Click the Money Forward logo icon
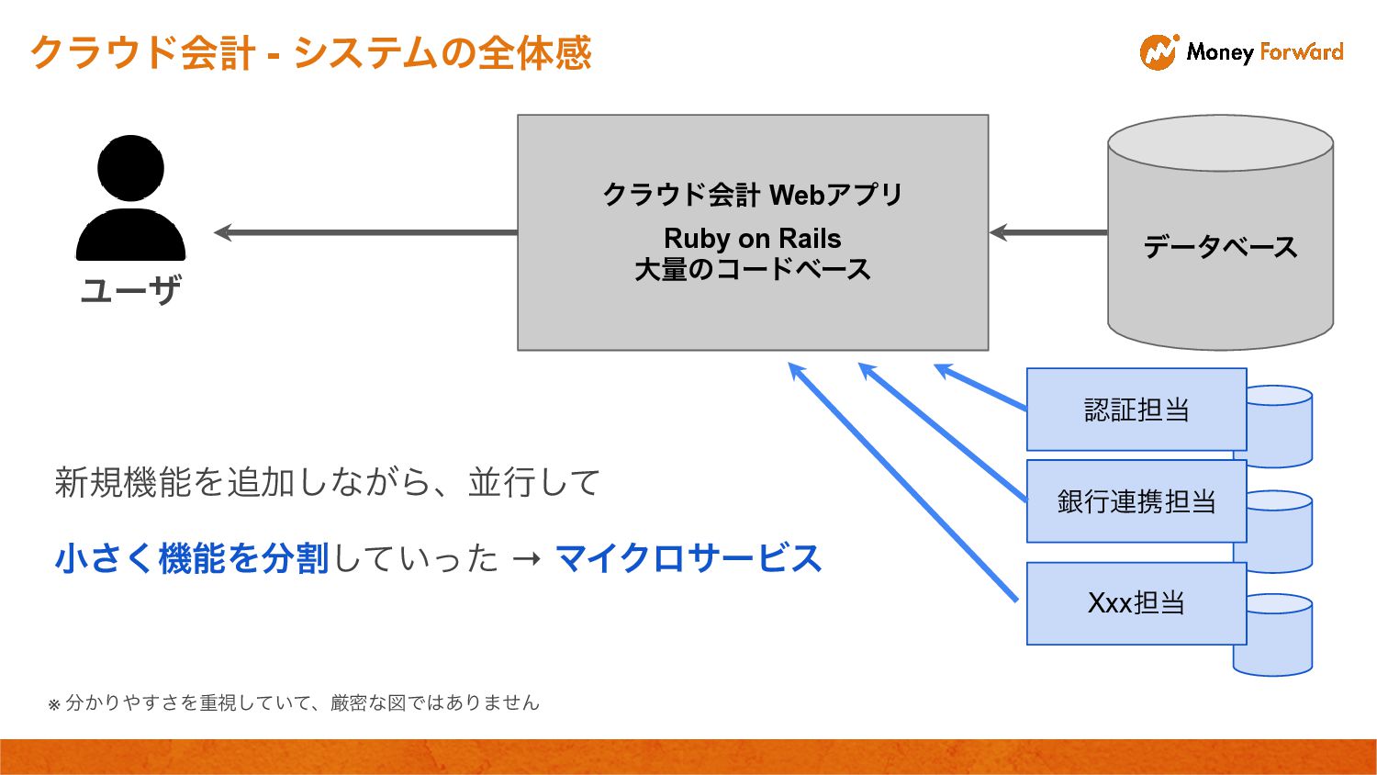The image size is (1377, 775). click(1159, 52)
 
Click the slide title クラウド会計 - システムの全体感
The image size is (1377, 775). click(311, 52)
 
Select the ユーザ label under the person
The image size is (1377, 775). click(130, 290)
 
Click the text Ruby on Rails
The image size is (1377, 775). click(752, 239)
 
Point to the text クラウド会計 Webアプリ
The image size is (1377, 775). click(752, 195)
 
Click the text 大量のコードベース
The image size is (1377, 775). click(752, 270)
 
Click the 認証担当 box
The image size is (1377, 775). click(1136, 410)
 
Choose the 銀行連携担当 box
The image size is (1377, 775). click(1136, 501)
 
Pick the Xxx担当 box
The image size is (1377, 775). click(1136, 603)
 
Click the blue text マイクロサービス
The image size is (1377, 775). click(688, 558)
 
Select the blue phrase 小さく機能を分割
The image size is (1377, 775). click(192, 558)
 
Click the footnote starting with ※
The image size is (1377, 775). click(294, 703)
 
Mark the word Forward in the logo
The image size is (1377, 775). click(1302, 52)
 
